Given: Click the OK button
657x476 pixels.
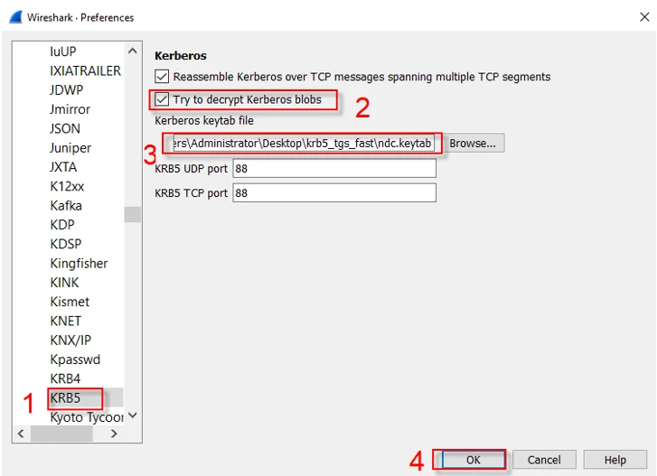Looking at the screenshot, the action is tap(473, 460).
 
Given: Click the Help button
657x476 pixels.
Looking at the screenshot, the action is tap(615, 460).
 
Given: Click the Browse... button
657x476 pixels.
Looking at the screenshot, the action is tap(473, 144).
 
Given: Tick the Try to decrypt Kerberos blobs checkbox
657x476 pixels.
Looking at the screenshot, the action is tap(162, 99).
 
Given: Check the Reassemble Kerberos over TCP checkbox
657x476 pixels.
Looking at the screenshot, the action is tap(162, 77).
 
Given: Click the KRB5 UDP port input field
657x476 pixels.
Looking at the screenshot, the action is tap(334, 169).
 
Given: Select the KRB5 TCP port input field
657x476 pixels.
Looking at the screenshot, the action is tap(334, 193).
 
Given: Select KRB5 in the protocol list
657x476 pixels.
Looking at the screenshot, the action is tap(65, 397).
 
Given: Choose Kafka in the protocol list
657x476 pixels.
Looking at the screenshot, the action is tap(66, 206).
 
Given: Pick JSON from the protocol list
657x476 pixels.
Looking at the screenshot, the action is tap(65, 128).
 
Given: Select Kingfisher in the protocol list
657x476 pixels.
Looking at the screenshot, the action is tap(79, 264).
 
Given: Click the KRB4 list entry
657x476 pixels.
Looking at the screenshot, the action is tap(65, 378).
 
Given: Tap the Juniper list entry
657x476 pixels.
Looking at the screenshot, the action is tap(70, 148).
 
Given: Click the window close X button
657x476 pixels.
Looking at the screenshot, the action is tap(644, 17).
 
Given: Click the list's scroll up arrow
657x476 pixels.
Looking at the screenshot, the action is tap(133, 51).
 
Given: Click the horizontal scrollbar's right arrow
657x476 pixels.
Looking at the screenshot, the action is tap(114, 434).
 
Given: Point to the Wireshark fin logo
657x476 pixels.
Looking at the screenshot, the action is tap(16, 17).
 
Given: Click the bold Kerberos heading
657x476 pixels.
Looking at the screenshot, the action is tap(181, 56).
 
